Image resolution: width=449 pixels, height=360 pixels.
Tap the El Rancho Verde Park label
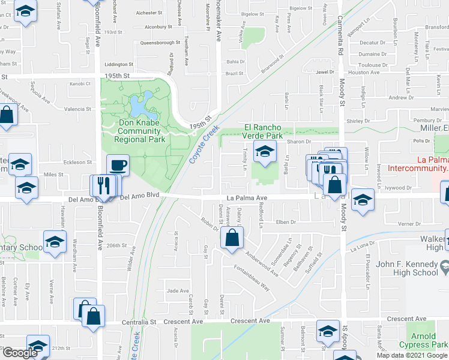coord(263,131)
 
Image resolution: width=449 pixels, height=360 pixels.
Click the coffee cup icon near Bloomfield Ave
coord(118,164)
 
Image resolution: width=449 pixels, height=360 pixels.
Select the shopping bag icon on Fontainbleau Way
coord(232,238)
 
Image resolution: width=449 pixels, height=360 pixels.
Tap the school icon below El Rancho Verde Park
coord(263,152)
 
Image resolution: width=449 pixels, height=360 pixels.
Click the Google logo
coord(19,353)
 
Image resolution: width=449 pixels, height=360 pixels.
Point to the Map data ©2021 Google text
coord(412,355)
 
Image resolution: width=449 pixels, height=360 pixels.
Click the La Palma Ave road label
coord(246,197)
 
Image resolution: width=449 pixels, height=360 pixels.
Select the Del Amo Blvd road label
coord(142,196)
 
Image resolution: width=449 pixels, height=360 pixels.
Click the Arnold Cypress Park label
coord(429,340)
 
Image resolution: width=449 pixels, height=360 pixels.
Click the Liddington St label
coord(118,64)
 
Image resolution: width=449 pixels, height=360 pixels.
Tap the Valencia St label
coord(78,109)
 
